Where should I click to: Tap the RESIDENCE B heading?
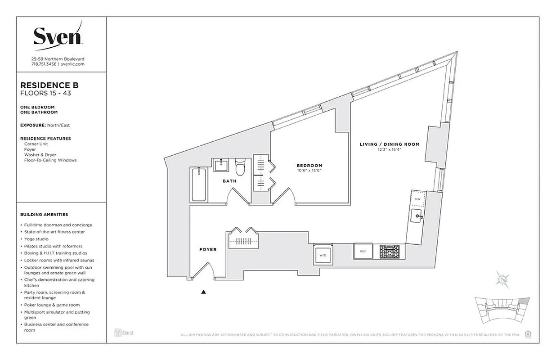49,85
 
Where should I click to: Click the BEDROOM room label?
309,165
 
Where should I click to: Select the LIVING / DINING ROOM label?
389,144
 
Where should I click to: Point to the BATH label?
229,181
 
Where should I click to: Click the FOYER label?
208,249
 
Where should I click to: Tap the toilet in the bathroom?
240,167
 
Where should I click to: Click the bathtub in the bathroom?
199,184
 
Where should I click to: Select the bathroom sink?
221,165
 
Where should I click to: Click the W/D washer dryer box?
323,255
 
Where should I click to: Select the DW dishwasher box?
417,199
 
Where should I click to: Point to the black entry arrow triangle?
203,292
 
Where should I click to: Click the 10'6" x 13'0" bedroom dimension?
309,171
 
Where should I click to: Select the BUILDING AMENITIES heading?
44,215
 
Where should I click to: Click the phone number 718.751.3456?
44,64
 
